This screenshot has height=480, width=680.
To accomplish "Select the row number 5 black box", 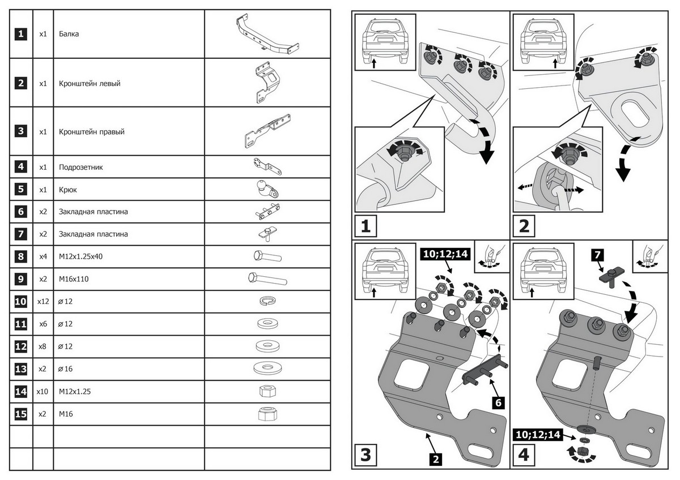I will click(x=20, y=190).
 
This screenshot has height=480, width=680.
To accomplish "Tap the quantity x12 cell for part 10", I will click(x=42, y=302).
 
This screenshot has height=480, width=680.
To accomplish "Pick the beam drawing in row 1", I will click(x=266, y=34).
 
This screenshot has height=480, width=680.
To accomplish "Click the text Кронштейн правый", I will click(x=91, y=132).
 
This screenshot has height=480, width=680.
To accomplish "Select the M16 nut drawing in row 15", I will click(x=266, y=414).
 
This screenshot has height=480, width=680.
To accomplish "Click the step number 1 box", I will click(x=365, y=226).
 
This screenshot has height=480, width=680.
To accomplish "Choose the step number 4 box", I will click(x=524, y=454).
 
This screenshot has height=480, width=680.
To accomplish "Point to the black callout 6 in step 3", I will click(x=496, y=403).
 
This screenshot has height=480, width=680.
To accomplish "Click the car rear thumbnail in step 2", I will click(x=543, y=42).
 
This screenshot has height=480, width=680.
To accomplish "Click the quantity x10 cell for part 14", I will click(x=42, y=391).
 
